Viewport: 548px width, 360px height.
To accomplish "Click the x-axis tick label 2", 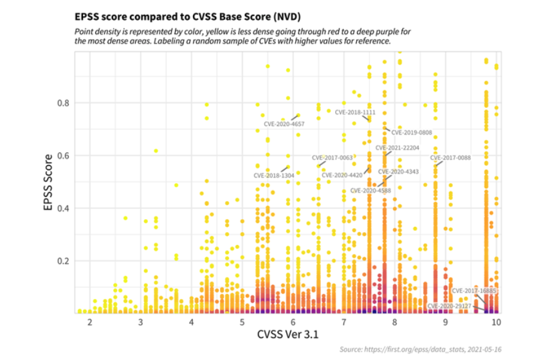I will tap(89, 321).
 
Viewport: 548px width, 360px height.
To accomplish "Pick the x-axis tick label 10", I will tap(496, 321).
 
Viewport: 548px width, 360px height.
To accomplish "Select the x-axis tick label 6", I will tap(293, 321).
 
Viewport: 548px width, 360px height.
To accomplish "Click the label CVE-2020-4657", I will tap(284, 124).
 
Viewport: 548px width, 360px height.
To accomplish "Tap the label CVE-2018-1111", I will tap(355, 112).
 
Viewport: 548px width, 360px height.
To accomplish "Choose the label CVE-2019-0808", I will tap(412, 133).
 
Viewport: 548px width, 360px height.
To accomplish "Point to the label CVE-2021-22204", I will tap(397, 148).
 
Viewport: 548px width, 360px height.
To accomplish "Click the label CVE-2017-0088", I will tap(450, 157).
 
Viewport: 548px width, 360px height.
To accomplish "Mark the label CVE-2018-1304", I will tap(274, 175).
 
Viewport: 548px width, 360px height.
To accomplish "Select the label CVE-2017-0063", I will tap(333, 157).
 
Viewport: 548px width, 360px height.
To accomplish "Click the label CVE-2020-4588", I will tap(370, 190).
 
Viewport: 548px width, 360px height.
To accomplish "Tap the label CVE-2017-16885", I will tap(474, 291).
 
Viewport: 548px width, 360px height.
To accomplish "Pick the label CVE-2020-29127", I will tap(450, 306).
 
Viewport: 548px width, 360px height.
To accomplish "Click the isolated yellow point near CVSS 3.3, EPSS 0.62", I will tap(156, 151).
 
